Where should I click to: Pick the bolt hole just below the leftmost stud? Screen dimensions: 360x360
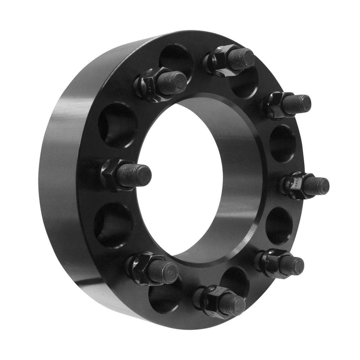(x=113, y=225)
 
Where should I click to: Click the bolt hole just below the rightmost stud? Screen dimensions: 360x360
(x=279, y=225)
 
